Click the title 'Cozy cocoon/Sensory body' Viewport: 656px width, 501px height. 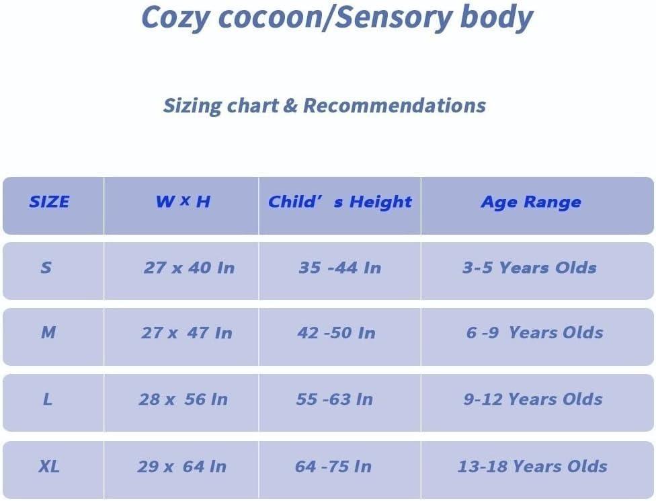[337, 19]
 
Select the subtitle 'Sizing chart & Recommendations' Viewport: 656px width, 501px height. [324, 106]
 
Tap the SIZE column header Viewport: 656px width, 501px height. [49, 202]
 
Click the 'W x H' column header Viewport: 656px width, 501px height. [183, 202]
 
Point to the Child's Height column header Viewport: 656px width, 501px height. [339, 202]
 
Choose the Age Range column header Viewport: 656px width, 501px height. [530, 202]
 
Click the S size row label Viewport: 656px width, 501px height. [46, 268]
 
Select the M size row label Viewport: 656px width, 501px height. [48, 332]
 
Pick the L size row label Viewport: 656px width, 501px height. [47, 399]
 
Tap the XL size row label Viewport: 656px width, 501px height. [48, 466]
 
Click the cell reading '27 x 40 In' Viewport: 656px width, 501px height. [189, 268]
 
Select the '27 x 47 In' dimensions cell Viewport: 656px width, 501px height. [187, 332]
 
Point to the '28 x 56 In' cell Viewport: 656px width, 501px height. [183, 399]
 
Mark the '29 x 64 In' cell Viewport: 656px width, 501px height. [182, 466]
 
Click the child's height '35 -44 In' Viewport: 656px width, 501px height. [339, 268]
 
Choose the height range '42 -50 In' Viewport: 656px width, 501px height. [336, 332]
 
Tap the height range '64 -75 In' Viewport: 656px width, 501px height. [333, 466]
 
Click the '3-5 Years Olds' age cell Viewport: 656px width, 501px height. [529, 268]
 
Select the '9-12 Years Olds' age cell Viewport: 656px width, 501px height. [532, 399]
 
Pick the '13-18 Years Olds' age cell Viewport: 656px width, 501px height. [532, 466]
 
